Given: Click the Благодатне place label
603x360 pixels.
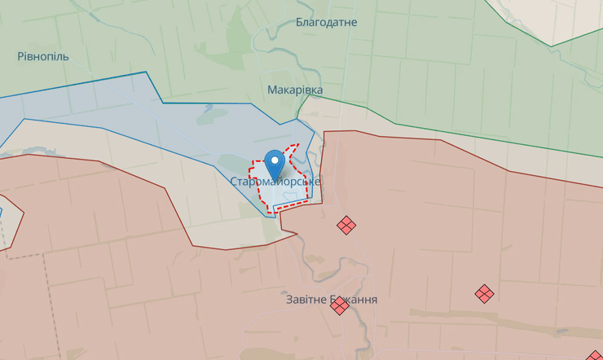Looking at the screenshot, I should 326,22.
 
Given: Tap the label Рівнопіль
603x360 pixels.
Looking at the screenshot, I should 43,57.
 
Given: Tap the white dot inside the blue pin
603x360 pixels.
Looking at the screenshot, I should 275,160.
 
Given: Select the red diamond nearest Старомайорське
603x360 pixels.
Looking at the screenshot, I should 346,224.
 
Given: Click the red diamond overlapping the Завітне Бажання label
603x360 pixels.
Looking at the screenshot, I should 340,305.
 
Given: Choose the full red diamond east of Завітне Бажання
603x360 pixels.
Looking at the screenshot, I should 484,293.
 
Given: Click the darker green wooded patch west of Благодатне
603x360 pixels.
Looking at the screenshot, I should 240,37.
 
